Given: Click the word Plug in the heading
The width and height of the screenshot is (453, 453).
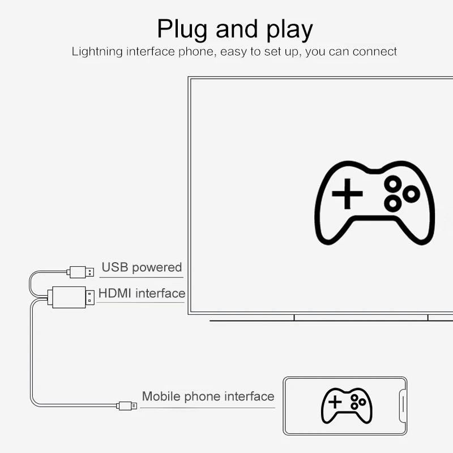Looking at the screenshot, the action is pyautogui.click(x=182, y=29).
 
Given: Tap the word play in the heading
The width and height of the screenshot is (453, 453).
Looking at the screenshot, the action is pyautogui.click(x=290, y=29).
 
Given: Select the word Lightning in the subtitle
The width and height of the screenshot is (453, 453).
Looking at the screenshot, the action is pyautogui.click(x=97, y=52).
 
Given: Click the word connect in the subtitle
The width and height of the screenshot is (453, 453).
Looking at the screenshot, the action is pyautogui.click(x=375, y=52).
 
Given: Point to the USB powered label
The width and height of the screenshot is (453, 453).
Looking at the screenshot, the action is pyautogui.click(x=142, y=267).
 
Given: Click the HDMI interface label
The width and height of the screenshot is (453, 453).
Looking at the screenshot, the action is pyautogui.click(x=142, y=293).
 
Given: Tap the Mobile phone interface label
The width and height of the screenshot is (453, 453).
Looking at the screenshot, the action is pyautogui.click(x=208, y=396).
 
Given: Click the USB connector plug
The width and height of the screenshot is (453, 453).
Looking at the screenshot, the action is pyautogui.click(x=80, y=272).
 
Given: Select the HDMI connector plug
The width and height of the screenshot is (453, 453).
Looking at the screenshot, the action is pyautogui.click(x=71, y=297).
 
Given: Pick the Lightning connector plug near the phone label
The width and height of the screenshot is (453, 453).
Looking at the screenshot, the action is pyautogui.click(x=127, y=405).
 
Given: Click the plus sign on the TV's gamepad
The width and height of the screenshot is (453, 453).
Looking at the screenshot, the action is pyautogui.click(x=347, y=194).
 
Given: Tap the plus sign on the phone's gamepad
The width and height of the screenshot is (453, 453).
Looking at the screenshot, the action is pyautogui.click(x=335, y=402).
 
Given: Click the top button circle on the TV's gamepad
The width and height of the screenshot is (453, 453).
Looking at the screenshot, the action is pyautogui.click(x=393, y=184).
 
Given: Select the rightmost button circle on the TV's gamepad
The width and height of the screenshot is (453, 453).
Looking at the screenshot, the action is pyautogui.click(x=411, y=194).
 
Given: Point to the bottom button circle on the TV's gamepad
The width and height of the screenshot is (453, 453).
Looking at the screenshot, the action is pyautogui.click(x=393, y=203).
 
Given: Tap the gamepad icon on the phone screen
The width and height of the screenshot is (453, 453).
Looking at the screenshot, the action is pyautogui.click(x=347, y=405).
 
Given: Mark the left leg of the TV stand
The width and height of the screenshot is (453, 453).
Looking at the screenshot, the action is pyautogui.click(x=294, y=318).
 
